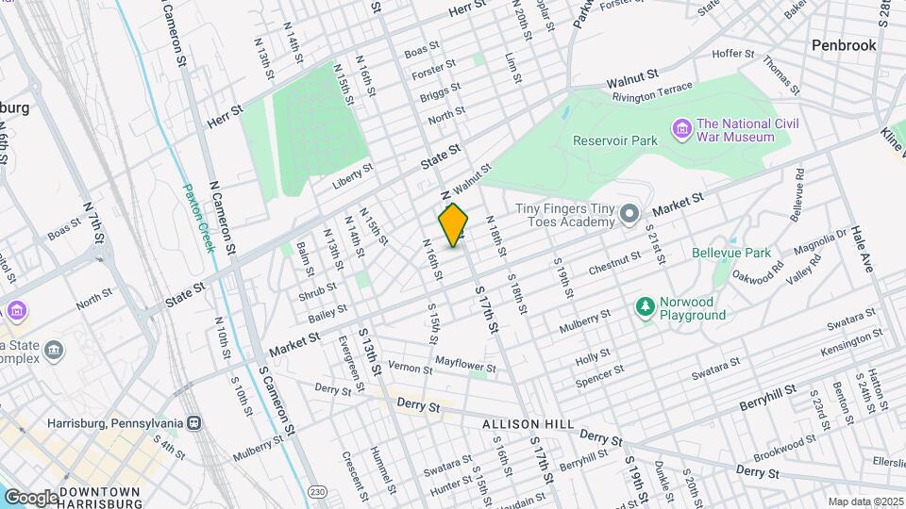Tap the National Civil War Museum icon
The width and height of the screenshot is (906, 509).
pos(681,127)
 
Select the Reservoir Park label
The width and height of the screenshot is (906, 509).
pos(615,140)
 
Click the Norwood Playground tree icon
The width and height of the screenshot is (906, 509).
pos(646,306)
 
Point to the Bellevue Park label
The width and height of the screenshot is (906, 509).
pos(731,253)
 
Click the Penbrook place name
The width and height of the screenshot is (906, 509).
pos(844,45)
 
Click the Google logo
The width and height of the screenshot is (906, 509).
pos(31,497)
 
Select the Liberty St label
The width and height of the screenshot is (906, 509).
pos(354,179)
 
